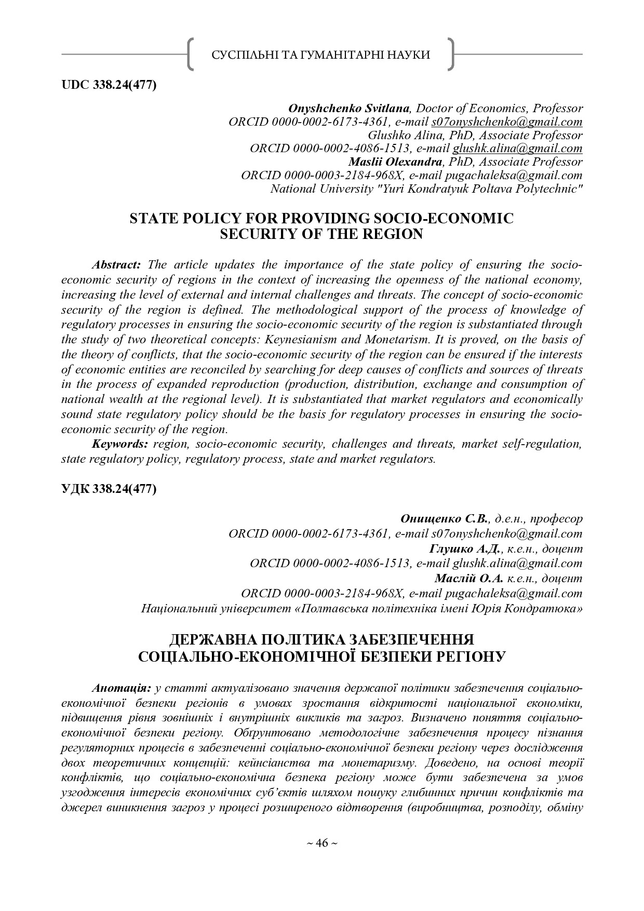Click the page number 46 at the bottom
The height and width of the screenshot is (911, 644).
coord(321,843)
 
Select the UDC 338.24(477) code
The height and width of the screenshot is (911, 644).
coord(109,85)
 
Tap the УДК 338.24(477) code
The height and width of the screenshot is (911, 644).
coord(109,489)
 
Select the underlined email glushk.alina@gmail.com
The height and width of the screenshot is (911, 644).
coord(517,149)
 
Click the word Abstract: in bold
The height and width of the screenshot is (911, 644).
coord(116,264)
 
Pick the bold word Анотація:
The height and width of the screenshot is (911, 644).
coord(122,688)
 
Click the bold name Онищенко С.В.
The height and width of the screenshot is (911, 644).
coord(444,518)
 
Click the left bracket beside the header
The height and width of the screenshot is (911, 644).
coord(191,54)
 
